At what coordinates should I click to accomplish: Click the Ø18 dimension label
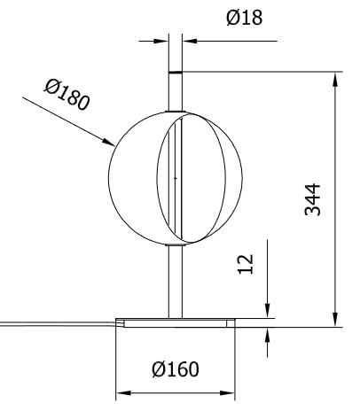(245, 17)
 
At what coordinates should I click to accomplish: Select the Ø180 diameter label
(67, 94)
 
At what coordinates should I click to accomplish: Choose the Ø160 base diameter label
(175, 368)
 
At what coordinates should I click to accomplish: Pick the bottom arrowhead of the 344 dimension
(334, 321)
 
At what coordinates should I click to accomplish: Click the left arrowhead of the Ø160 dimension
(123, 392)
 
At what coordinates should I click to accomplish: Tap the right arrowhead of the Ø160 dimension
(232, 392)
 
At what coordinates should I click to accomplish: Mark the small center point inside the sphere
(176, 178)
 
